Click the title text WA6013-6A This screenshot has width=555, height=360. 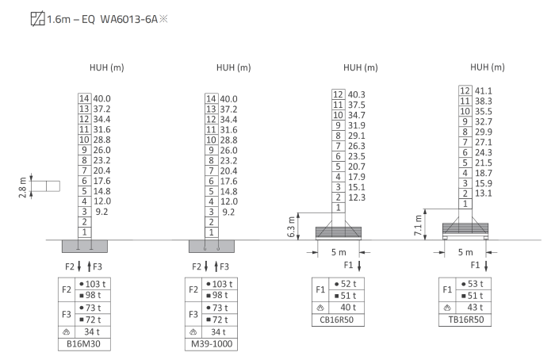(x=128, y=19)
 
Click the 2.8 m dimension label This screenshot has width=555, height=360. (x=22, y=187)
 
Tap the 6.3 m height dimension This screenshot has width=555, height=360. (x=291, y=227)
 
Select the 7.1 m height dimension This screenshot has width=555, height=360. (x=418, y=225)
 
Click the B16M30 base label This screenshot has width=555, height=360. (x=83, y=343)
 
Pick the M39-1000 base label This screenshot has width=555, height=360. (x=212, y=343)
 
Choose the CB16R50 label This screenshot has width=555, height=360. (x=337, y=320)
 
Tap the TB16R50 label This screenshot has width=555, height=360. (x=466, y=320)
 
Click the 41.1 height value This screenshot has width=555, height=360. (x=483, y=91)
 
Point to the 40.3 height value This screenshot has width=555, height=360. (x=357, y=94)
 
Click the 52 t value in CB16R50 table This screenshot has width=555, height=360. (x=348, y=284)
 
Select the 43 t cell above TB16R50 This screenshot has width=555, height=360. (x=476, y=307)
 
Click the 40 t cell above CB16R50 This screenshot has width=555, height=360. (x=348, y=307)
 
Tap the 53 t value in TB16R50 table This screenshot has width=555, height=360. (x=476, y=284)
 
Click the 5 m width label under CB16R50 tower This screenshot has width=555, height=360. (x=339, y=252)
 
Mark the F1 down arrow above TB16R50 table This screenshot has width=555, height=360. (x=486, y=266)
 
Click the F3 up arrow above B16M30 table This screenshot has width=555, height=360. (x=89, y=266)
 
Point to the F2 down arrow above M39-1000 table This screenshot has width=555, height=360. (x=206, y=266)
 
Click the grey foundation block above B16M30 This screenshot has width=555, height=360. (x=85, y=247)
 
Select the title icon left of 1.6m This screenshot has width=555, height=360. (x=37, y=19)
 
